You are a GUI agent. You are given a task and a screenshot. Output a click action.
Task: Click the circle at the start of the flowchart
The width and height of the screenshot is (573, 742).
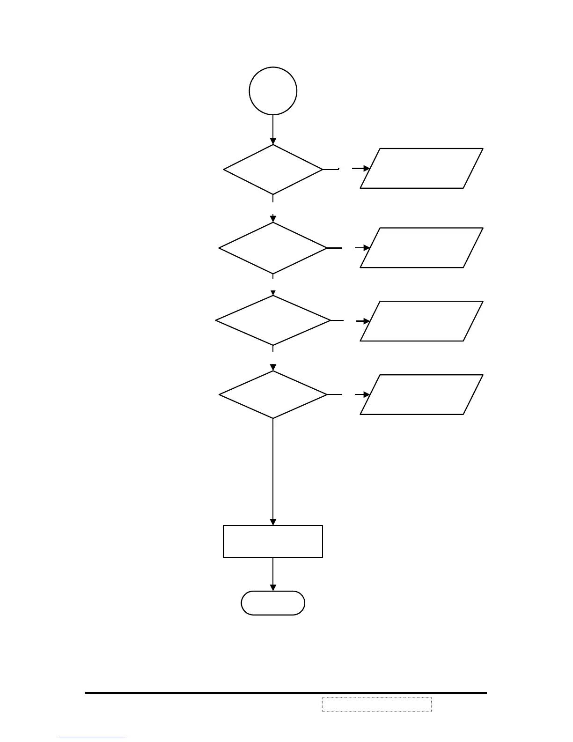[273, 91]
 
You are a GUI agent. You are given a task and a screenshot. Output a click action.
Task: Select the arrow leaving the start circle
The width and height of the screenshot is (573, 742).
[273, 129]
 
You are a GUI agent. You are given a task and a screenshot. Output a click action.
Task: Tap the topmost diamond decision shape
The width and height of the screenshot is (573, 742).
[273, 170]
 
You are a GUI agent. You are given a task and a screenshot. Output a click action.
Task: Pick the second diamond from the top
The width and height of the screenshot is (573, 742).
[273, 248]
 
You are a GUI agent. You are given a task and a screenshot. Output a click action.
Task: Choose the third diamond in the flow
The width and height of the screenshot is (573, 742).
[273, 320]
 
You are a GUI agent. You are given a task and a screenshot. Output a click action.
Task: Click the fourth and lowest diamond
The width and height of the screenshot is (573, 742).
[273, 394]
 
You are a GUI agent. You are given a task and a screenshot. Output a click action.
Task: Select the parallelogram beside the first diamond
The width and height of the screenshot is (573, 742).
[421, 169]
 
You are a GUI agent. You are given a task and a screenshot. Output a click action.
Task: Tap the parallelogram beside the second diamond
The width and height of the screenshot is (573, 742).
[421, 248]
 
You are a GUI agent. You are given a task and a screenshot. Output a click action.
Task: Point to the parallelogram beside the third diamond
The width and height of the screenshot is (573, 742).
[421, 321]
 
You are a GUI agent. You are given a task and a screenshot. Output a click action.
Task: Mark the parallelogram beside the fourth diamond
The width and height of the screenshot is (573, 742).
[421, 394]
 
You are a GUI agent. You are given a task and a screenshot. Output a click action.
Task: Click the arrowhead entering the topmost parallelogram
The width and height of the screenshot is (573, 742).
[366, 169]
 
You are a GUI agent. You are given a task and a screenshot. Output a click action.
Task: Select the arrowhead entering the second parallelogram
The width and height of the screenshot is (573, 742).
[367, 248]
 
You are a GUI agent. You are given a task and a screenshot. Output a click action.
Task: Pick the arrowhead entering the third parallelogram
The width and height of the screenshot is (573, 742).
[367, 321]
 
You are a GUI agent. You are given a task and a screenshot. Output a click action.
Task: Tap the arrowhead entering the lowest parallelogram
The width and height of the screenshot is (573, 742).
[367, 395]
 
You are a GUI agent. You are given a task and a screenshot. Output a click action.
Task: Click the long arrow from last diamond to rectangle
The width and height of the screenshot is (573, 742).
[273, 471]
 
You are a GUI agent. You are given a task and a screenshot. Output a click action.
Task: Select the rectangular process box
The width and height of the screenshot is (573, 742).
[273, 542]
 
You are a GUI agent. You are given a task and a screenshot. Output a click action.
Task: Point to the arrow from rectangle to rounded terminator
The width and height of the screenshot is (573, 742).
[273, 574]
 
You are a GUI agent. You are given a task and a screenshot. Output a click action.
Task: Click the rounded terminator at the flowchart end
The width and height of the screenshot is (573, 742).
[273, 603]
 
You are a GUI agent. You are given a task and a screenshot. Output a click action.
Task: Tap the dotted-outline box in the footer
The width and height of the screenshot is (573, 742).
[376, 704]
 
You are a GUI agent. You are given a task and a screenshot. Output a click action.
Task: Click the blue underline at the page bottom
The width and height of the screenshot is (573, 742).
[93, 738]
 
